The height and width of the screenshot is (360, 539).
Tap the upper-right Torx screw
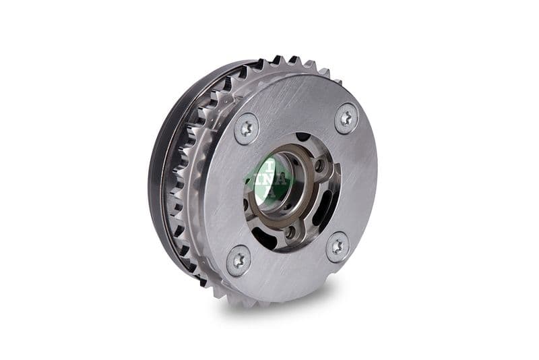[x=346, y=119]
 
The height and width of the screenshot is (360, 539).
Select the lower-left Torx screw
[x=238, y=260]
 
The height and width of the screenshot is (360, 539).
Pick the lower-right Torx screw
[x=338, y=247]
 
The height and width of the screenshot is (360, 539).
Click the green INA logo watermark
[x=269, y=178]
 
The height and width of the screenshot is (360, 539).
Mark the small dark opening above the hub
[x=303, y=138]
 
